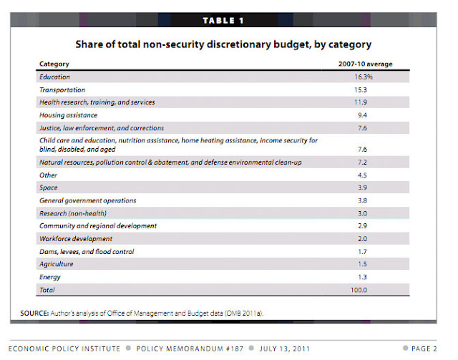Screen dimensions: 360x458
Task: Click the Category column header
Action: click(x=54, y=64)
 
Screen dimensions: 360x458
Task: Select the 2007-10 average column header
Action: click(x=365, y=64)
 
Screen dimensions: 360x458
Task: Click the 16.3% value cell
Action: click(x=365, y=77)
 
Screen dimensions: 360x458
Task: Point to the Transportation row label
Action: click(x=62, y=89)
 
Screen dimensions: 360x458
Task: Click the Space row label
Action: click(x=49, y=188)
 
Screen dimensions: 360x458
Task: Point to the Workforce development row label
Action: click(x=75, y=238)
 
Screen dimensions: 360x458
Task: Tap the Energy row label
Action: click(x=50, y=277)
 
